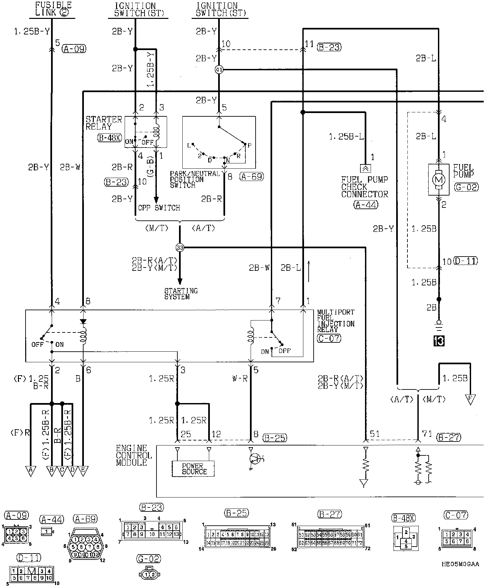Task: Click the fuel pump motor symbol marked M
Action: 439,180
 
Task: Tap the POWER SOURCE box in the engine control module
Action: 193,469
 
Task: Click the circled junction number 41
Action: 219,70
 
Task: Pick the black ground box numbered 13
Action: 439,341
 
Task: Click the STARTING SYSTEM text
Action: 181,294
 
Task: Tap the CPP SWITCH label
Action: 159,208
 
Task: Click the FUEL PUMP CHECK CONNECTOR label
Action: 364,187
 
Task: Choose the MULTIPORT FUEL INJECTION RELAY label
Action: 335,321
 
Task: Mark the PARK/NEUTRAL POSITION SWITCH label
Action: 195,179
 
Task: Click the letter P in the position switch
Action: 249,145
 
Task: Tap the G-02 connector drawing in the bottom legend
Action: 149,574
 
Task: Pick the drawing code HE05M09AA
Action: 460,564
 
